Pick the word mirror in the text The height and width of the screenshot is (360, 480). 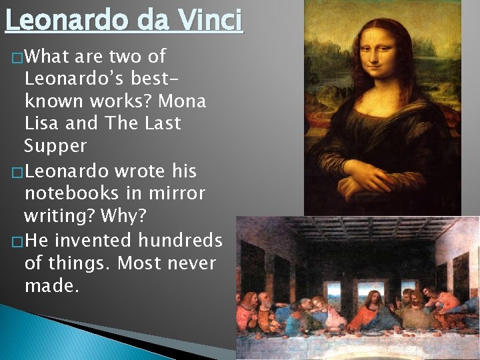[x=178, y=193]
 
